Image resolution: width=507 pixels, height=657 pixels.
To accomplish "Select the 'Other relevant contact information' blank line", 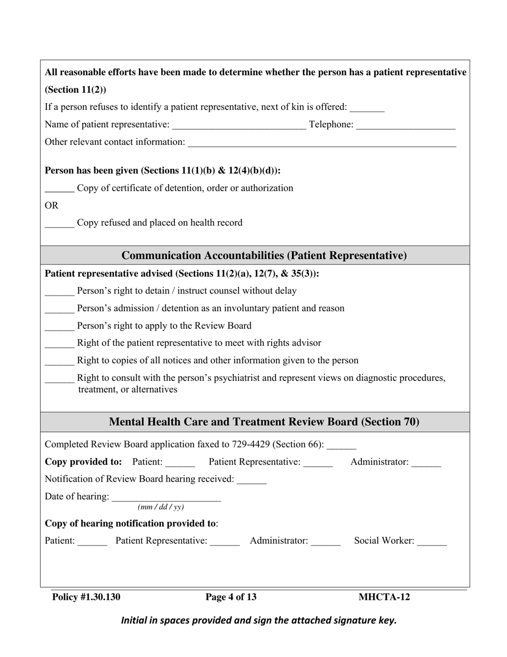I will coord(322,143).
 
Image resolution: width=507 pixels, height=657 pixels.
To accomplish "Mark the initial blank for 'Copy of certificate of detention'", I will coord(59,189).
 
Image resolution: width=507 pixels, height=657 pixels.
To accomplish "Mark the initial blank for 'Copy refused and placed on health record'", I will coord(59,224).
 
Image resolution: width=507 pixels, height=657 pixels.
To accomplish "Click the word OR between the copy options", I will coord(52,206).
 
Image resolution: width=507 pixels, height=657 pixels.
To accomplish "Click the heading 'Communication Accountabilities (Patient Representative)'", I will coord(264,256).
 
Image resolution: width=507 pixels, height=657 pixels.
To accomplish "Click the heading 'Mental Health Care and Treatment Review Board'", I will coord(264,422).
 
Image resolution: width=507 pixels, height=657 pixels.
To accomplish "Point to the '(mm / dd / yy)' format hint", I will coord(161,507).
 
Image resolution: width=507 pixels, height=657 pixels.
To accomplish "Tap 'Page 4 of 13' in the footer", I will coord(231,597).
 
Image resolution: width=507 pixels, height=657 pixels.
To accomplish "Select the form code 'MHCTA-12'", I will coord(384,597).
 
